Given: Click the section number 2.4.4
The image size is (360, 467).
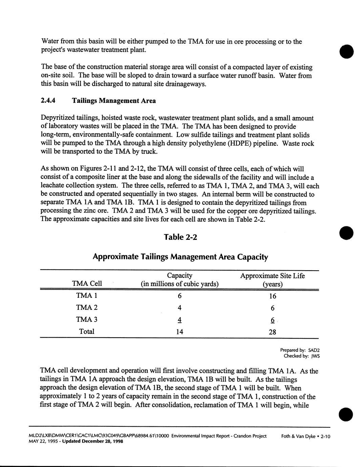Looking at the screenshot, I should pyautogui.click(x=50, y=101).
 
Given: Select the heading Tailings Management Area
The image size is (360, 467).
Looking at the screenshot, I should pyautogui.click(x=114, y=101).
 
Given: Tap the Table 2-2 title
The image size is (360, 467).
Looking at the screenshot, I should pyautogui.click(x=180, y=237).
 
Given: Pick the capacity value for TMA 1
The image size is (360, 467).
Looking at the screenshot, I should pyautogui.click(x=180, y=296).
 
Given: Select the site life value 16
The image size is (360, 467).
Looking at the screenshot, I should pyautogui.click(x=273, y=296).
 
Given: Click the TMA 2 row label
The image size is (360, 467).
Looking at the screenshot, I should pyautogui.click(x=87, y=307).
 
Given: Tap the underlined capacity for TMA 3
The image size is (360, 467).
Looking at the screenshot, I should pyautogui.click(x=180, y=320).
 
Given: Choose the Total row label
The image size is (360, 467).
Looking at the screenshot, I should pyautogui.click(x=87, y=332).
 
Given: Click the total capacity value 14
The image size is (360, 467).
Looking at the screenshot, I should pyautogui.click(x=179, y=332).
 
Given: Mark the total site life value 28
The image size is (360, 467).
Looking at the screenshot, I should pyautogui.click(x=272, y=332).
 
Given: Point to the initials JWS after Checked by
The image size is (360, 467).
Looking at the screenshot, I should pyautogui.click(x=315, y=356).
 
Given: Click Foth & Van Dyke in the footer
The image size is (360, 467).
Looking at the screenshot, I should pyautogui.click(x=297, y=437).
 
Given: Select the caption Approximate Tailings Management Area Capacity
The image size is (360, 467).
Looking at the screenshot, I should pyautogui.click(x=180, y=257).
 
